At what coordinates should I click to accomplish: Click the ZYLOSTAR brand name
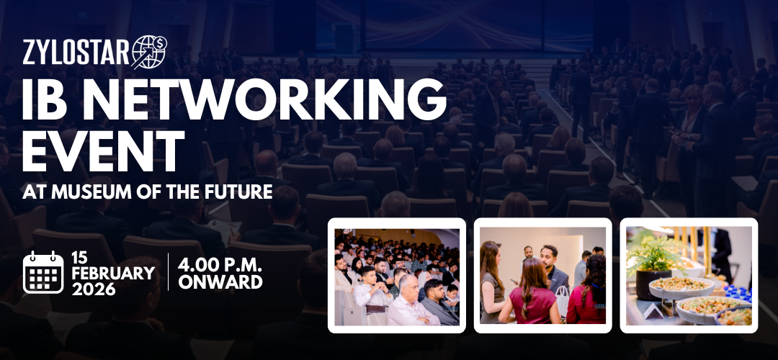(x=76, y=53)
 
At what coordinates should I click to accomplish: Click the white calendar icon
(x=43, y=271)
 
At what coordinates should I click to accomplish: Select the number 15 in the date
(x=80, y=258)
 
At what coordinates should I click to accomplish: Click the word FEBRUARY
(x=113, y=274)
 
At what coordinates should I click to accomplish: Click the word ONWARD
(x=220, y=282)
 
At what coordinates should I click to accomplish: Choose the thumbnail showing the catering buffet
(x=689, y=275)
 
